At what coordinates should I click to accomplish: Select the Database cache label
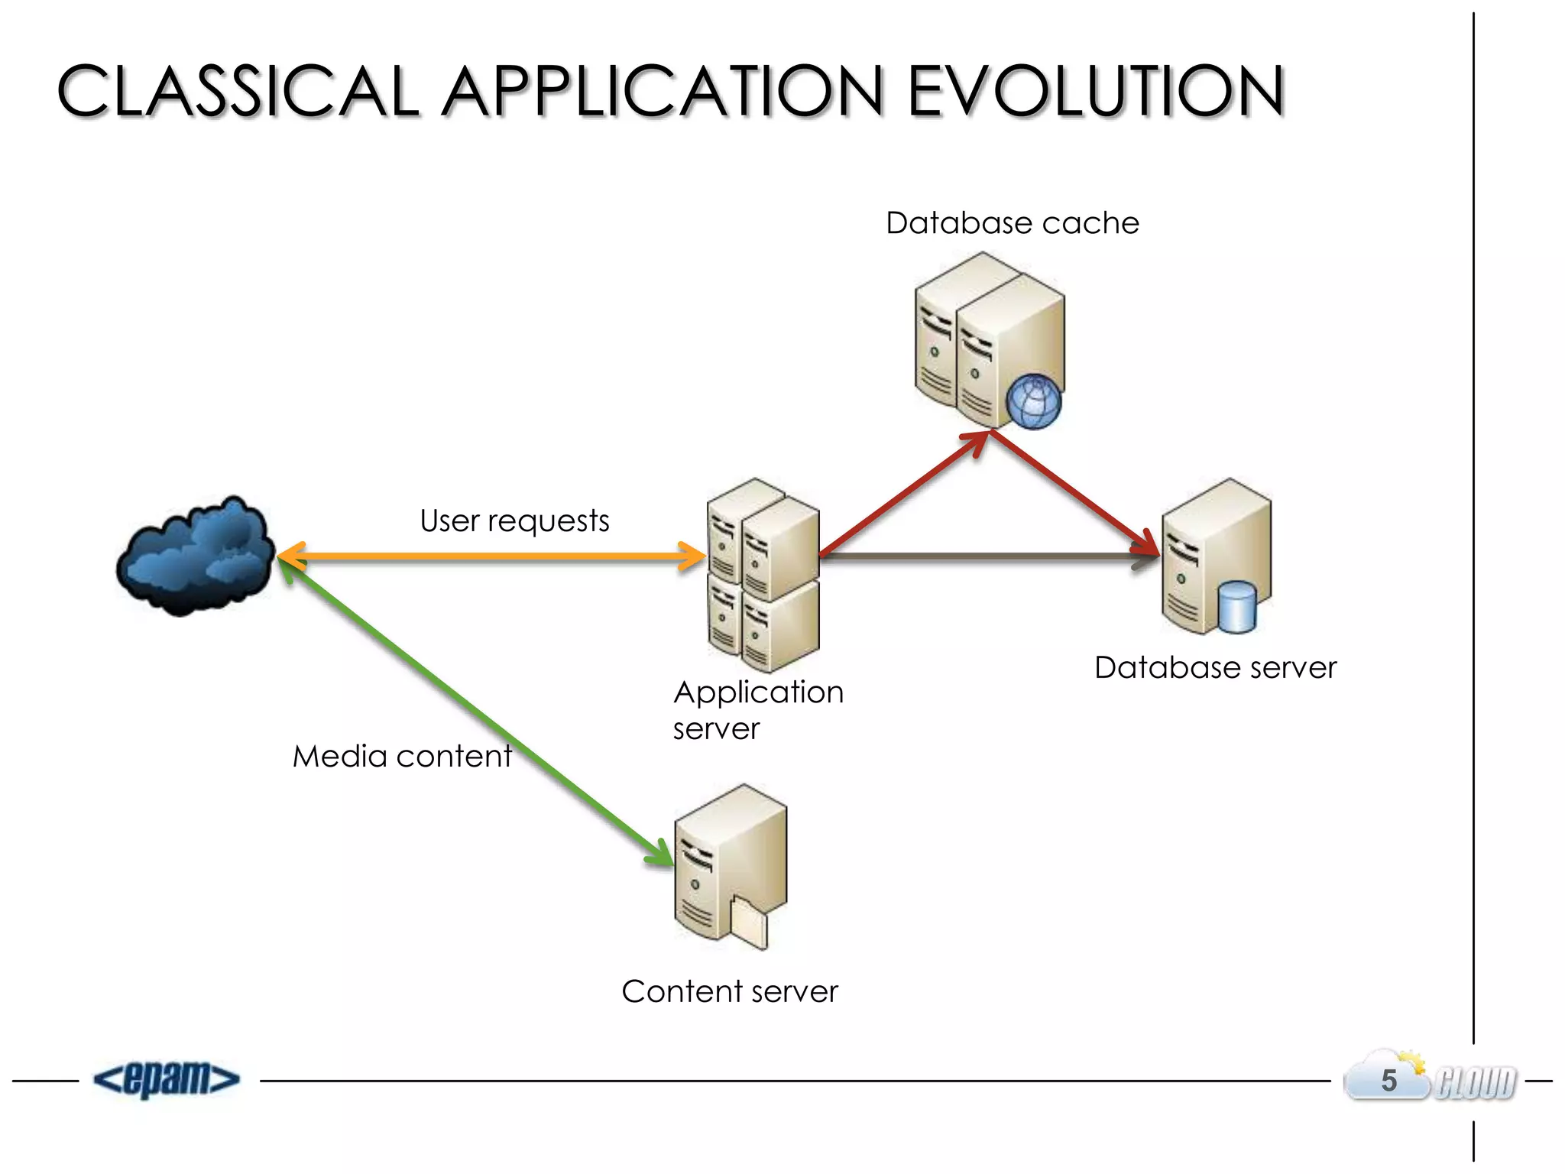coord(1012,223)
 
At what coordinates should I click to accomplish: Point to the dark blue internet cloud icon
coord(196,556)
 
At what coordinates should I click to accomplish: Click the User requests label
coord(514,521)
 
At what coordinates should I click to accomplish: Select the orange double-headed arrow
coord(489,556)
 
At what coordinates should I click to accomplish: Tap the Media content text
coord(402,757)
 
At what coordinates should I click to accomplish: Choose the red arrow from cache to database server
coord(1074,493)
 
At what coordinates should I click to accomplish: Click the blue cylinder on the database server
coord(1236,607)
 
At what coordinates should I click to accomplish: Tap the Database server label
coord(1215,668)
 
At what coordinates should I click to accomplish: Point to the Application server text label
coord(757,709)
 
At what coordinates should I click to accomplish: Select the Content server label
coord(730,992)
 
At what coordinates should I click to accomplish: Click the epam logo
coord(167,1079)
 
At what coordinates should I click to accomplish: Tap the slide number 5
coord(1388,1081)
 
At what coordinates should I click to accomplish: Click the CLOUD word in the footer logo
coord(1475,1083)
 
